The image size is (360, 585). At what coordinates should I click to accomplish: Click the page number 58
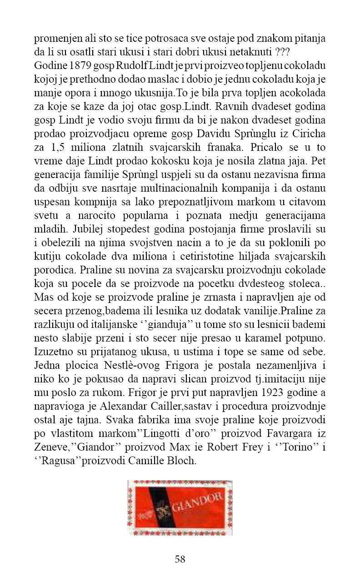click(x=180, y=559)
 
